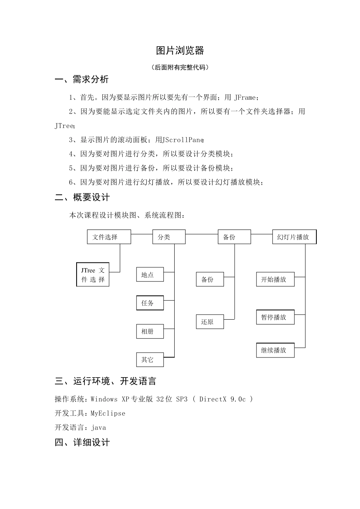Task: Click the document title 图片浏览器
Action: (180, 50)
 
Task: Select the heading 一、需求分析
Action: (82, 80)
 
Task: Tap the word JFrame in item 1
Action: (245, 98)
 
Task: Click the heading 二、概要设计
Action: (82, 197)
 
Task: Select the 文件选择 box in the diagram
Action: (109, 237)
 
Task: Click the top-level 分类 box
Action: (169, 237)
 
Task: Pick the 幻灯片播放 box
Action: (294, 237)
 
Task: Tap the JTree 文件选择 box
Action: (93, 275)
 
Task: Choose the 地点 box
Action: (150, 275)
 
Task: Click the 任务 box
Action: (150, 303)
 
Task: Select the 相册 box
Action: (150, 331)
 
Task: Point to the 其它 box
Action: (150, 359)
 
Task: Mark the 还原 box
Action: (210, 322)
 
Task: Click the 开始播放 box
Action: (275, 279)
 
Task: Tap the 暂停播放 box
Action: (275, 317)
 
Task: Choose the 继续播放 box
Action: (275, 350)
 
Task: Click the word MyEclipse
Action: (108, 413)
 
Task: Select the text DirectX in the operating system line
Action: (213, 399)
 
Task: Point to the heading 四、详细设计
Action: (82, 442)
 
